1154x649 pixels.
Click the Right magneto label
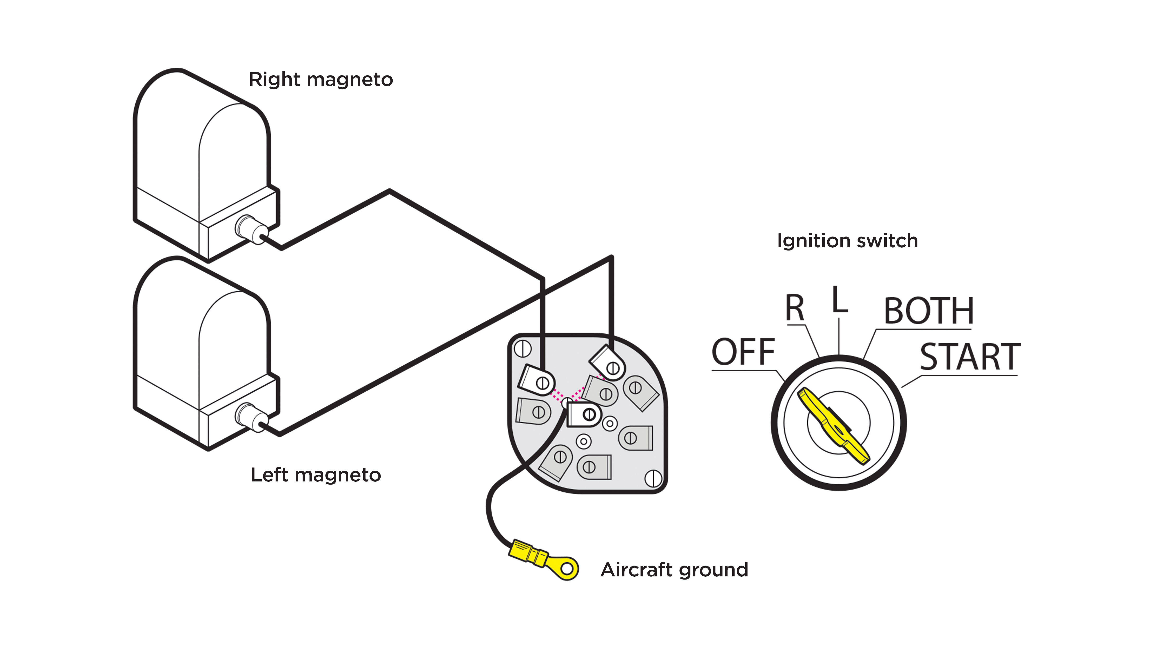321,80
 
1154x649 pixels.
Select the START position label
970,357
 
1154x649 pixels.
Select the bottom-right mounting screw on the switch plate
653,478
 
